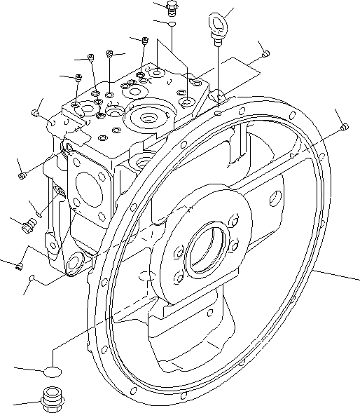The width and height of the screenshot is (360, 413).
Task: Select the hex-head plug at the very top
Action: click(x=171, y=8)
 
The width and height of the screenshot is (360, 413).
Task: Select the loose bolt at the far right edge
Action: click(x=344, y=128)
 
